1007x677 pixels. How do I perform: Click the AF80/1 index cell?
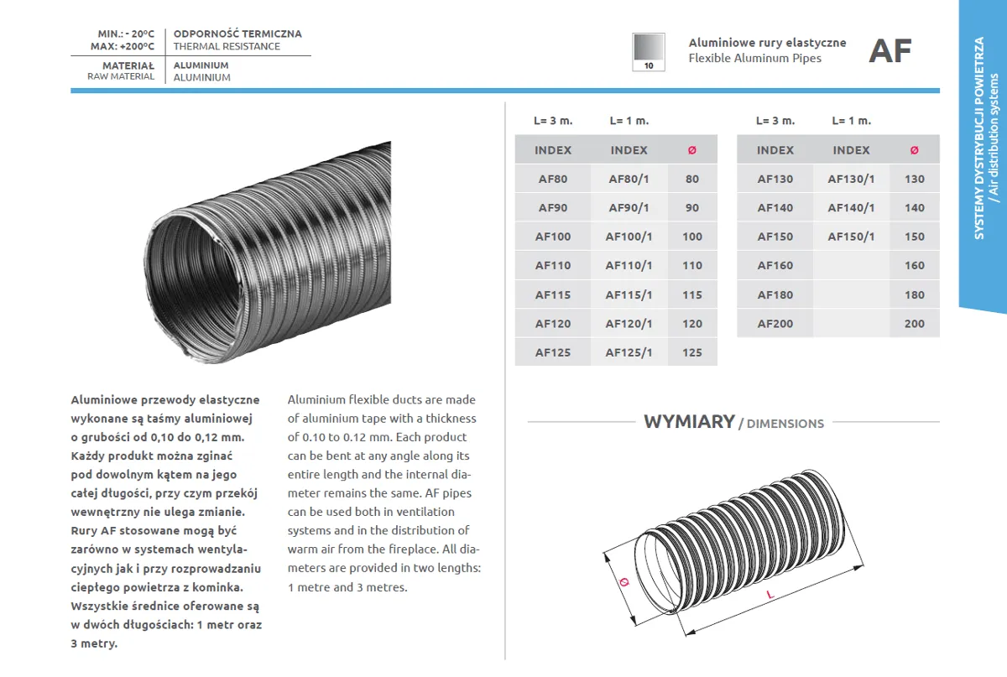[629, 179]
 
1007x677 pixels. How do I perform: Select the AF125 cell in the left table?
[552, 352]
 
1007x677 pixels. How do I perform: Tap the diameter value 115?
[691, 294]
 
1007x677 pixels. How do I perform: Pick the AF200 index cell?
[775, 323]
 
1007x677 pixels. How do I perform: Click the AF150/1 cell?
[851, 237]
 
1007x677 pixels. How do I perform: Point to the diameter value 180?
[914, 294]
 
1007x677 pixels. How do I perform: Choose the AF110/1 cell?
[629, 265]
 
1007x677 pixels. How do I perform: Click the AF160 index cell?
[775, 265]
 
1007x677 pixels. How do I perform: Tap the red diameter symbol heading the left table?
[691, 150]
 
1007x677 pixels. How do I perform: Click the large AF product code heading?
[890, 51]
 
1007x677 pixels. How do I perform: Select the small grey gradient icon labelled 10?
[648, 52]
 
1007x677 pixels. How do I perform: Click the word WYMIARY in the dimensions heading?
[689, 421]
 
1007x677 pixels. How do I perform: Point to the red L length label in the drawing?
[770, 595]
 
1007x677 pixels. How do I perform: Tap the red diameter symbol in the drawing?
[623, 581]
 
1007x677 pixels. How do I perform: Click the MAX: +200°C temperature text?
[123, 46]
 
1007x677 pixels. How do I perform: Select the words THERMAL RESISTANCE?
[227, 46]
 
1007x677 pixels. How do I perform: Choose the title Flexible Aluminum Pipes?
[754, 58]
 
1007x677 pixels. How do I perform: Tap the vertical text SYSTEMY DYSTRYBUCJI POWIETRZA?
[979, 138]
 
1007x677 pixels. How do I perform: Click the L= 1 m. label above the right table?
[851, 121]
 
